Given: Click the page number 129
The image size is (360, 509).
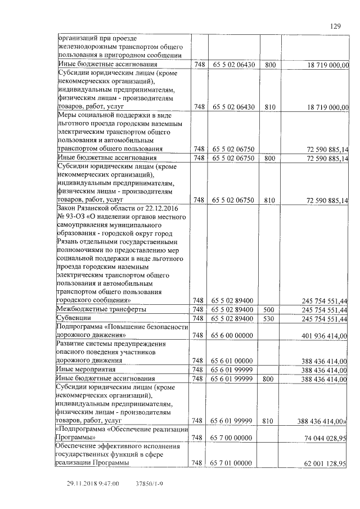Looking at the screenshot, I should (335, 26).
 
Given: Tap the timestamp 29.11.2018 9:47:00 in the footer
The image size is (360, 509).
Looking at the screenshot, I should (93, 483).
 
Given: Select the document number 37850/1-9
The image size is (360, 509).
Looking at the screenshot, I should (150, 483).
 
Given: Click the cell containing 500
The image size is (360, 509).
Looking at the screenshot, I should (269, 309).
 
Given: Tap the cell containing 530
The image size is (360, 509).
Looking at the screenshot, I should (269, 318).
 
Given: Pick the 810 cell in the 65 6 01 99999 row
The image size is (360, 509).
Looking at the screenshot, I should (269, 420).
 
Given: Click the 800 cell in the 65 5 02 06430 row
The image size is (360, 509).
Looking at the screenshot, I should (269, 65).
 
